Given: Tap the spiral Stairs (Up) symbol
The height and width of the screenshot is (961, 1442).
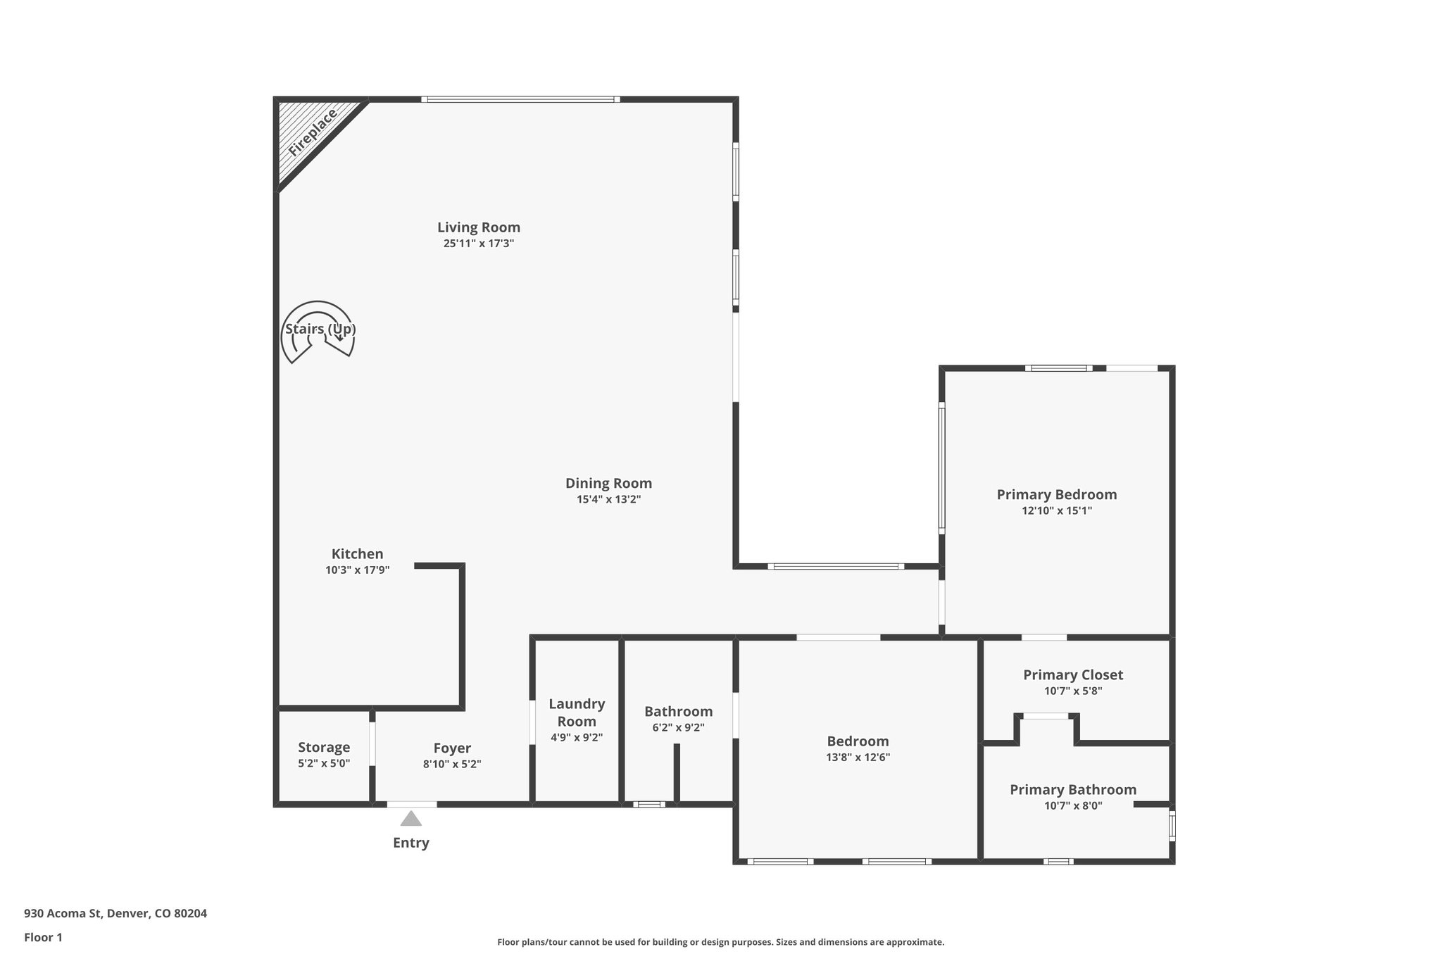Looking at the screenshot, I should click(318, 332).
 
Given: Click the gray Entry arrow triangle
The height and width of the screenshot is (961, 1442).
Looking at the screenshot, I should click(410, 819).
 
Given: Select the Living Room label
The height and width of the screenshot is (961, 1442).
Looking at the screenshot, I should click(479, 227).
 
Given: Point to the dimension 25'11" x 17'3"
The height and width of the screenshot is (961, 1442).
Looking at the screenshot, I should click(479, 244).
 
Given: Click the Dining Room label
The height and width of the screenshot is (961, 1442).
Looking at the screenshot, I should click(608, 484).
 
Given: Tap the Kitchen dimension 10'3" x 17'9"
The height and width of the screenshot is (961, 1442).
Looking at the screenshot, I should click(357, 570).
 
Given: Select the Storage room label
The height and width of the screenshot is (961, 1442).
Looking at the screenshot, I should click(324, 748).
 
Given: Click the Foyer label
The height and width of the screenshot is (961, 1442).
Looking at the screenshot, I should click(452, 748).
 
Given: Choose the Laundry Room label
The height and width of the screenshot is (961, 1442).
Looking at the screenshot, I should click(577, 712).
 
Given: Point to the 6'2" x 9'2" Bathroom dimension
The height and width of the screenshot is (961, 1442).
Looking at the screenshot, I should click(678, 728).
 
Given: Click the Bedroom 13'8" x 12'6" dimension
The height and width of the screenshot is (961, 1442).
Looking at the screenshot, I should click(858, 758).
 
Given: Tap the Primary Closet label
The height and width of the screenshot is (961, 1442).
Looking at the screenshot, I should click(1072, 675).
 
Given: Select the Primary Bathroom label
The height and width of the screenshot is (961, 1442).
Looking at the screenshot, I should click(1072, 790).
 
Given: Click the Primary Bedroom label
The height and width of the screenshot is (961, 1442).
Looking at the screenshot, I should click(1056, 495).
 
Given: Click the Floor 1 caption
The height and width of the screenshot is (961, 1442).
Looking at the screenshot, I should click(43, 938).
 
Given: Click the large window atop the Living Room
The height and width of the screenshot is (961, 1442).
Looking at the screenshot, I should click(520, 99).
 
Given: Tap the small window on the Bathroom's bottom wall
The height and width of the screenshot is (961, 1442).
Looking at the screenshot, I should click(648, 804).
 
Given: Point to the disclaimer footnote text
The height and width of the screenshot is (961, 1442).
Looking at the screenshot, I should click(720, 942).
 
